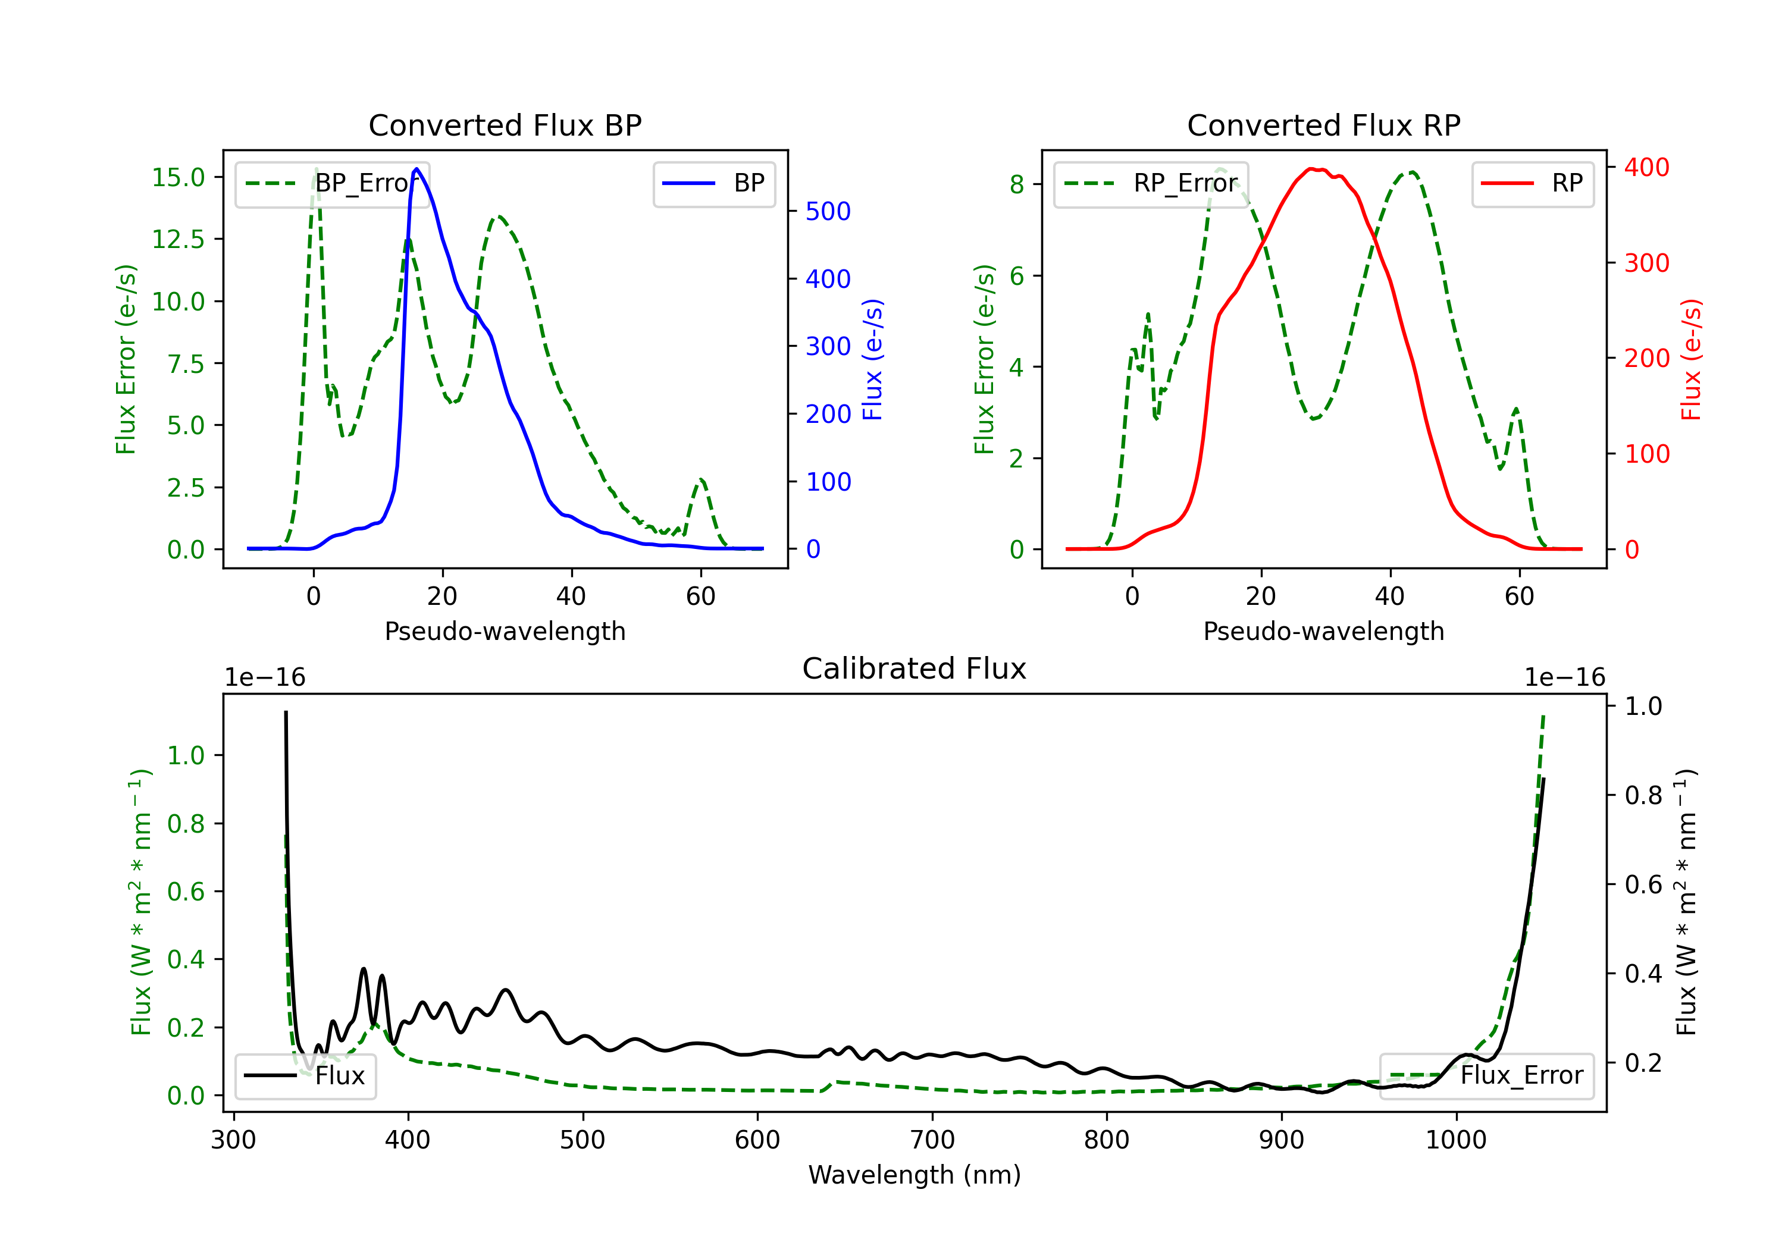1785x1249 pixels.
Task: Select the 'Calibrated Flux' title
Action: pyautogui.click(x=915, y=669)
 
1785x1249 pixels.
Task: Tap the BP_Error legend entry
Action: pyautogui.click(x=333, y=183)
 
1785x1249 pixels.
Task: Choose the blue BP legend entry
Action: pyautogui.click(x=713, y=183)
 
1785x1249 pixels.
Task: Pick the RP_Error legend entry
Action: pyautogui.click(x=1151, y=183)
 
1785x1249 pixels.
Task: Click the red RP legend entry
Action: pyautogui.click(x=1532, y=183)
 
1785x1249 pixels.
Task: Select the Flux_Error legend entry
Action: pyautogui.click(x=1486, y=1076)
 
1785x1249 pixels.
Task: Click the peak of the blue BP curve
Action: pyautogui.click(x=416, y=169)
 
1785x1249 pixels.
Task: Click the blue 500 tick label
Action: pyautogui.click(x=828, y=211)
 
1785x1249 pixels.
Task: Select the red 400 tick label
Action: pyautogui.click(x=1646, y=167)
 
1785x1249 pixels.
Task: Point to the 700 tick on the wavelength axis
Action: pyautogui.click(x=932, y=1140)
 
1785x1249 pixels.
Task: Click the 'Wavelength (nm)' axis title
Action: pyautogui.click(x=915, y=1175)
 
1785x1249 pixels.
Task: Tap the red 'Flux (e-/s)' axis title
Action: pyautogui.click(x=1691, y=360)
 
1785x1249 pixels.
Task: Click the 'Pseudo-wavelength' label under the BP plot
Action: pyautogui.click(x=505, y=631)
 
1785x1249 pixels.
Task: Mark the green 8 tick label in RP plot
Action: pyautogui.click(x=1016, y=184)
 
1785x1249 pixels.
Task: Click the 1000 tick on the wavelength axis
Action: pyautogui.click(x=1456, y=1140)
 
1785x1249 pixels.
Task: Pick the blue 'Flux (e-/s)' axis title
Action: pyautogui.click(x=872, y=360)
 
